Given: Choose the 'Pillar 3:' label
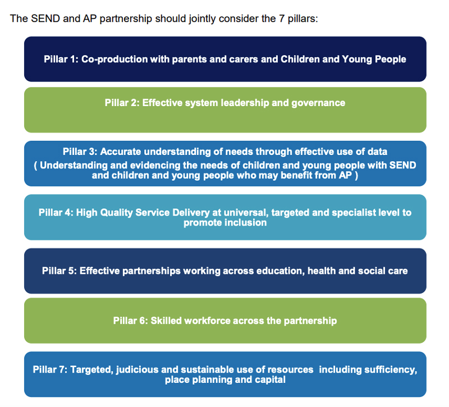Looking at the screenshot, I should (81, 152).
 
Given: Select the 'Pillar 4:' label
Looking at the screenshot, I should (56, 213).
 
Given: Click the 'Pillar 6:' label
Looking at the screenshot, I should (130, 321).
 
